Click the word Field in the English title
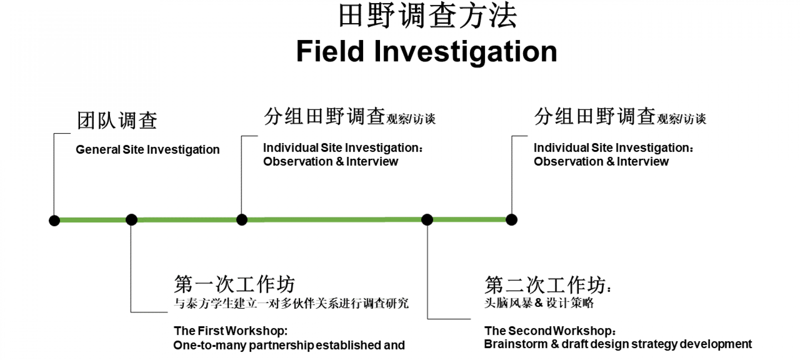(x=330, y=51)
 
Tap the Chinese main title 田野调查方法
(x=428, y=16)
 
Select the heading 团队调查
(x=117, y=120)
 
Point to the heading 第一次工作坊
(x=234, y=284)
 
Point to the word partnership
(x=282, y=346)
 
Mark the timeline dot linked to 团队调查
(x=54, y=220)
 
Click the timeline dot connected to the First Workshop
(x=132, y=220)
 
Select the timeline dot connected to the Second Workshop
(x=427, y=220)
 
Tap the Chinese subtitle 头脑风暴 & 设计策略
(x=539, y=303)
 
